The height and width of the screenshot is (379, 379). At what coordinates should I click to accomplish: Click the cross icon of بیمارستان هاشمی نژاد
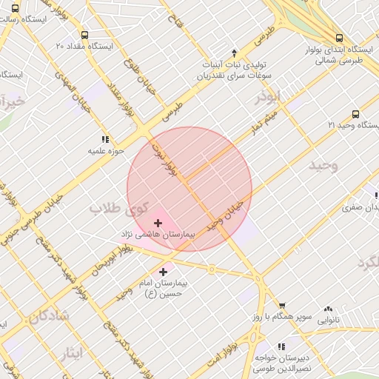click(158, 222)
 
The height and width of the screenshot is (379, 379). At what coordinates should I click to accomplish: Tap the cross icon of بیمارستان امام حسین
click(163, 272)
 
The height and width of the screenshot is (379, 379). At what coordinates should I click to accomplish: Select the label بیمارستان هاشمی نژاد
click(158, 234)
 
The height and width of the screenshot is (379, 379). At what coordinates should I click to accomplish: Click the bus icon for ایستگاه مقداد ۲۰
click(84, 35)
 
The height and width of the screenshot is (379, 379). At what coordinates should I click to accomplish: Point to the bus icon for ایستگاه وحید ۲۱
click(356, 114)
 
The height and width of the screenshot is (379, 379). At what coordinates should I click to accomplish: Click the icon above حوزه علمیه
click(104, 139)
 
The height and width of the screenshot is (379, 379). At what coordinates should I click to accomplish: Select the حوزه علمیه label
click(104, 151)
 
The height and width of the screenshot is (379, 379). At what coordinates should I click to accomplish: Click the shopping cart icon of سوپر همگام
click(282, 306)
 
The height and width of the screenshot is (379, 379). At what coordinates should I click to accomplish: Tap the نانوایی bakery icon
click(328, 309)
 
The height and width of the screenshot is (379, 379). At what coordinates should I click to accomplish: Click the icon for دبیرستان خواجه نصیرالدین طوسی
click(281, 346)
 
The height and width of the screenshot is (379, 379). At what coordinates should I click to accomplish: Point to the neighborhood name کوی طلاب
click(119, 209)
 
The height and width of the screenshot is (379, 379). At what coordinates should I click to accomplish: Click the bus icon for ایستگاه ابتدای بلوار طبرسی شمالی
click(339, 38)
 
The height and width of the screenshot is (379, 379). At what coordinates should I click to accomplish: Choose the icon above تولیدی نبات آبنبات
click(234, 53)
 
